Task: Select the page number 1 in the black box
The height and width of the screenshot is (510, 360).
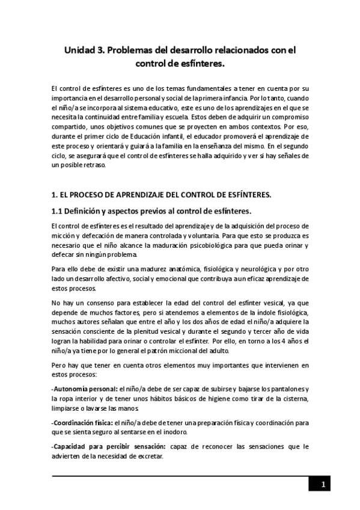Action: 323,485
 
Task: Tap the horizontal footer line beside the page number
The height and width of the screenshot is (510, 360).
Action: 180,476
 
